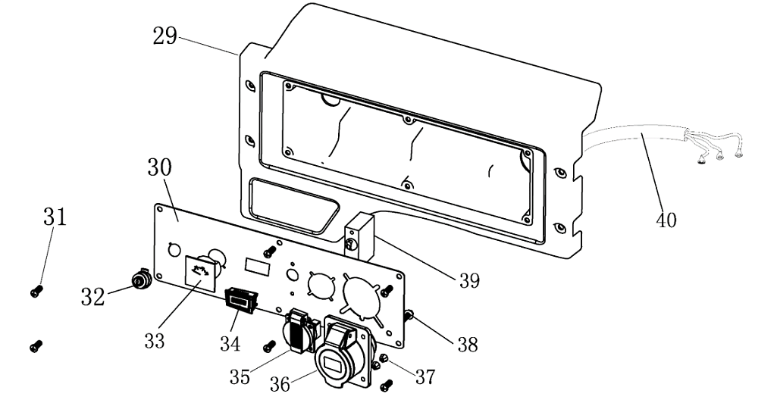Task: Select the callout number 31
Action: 55,218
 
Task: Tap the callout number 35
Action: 240,376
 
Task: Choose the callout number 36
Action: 281,384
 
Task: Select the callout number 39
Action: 469,280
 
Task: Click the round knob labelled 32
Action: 140,280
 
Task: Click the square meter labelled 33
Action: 202,272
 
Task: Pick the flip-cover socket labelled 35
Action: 299,330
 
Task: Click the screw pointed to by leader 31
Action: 35,290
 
